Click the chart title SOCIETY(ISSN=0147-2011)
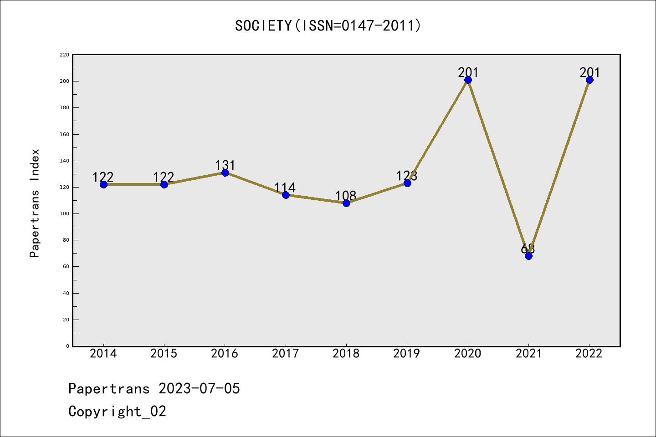[328, 25]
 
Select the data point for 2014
[103, 184]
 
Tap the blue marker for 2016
[225, 173]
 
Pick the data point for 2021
[528, 256]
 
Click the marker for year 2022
[589, 80]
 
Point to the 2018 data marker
[346, 203]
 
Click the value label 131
[225, 165]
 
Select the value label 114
[285, 188]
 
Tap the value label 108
[346, 196]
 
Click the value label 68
[528, 249]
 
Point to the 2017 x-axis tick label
[286, 353]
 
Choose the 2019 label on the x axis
[407, 353]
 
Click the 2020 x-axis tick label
[468, 353]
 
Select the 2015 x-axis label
[164, 353]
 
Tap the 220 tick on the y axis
[64, 55]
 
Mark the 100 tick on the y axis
[64, 213]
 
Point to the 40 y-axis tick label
[66, 293]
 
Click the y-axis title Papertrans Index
[35, 203]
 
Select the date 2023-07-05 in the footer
[199, 388]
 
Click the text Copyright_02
[117, 411]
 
